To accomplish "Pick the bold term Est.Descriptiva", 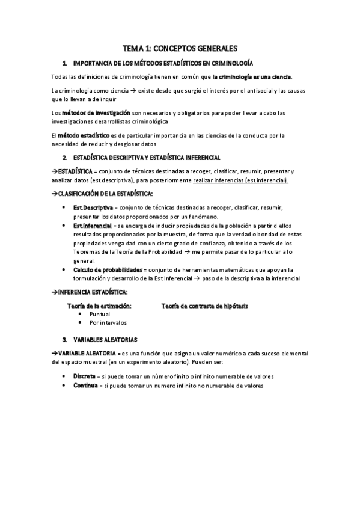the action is coord(89,208).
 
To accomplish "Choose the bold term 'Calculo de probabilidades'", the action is coord(108,270).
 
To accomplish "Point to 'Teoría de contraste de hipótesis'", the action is coord(204,306).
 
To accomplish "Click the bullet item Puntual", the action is coord(99,314).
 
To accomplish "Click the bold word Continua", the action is coord(85,385).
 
